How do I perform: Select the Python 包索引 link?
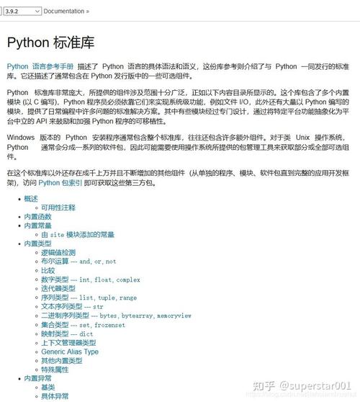[60, 182]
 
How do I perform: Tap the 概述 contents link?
[31, 198]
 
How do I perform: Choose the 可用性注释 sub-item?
[58, 207]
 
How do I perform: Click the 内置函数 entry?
[37, 216]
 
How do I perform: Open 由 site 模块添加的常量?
[78, 234]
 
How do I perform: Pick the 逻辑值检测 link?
[58, 253]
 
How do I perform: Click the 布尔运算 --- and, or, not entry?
[78, 262]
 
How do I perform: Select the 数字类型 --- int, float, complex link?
[90, 280]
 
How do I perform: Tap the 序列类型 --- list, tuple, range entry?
[89, 298]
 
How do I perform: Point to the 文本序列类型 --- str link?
[72, 307]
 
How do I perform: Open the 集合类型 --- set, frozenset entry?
[83, 324]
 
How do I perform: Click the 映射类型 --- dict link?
[67, 334]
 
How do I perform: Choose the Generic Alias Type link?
[70, 352]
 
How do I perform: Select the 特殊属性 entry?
[55, 370]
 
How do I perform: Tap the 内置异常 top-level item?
[37, 378]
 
